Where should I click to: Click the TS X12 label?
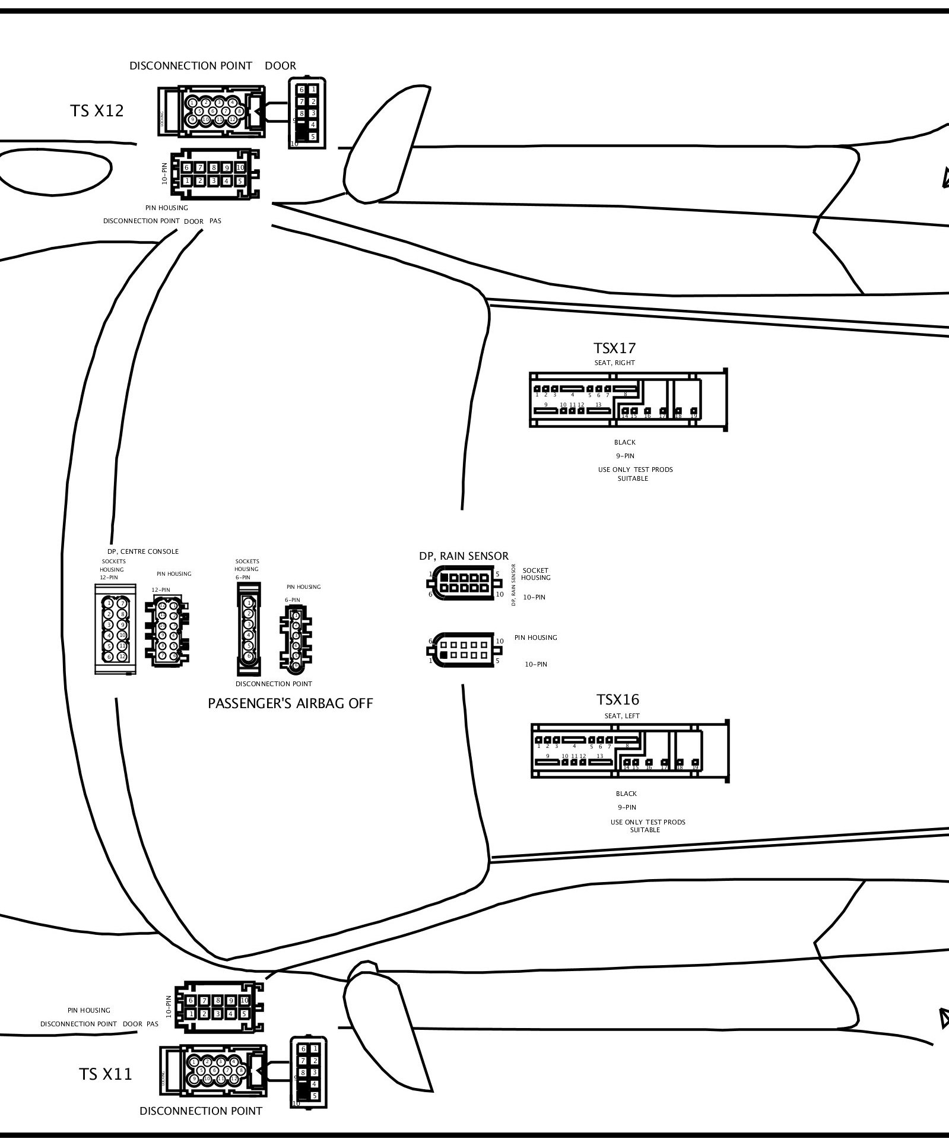coord(97,111)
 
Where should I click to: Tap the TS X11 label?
coord(106,1074)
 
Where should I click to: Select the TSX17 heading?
coord(614,348)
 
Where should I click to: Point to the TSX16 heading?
coord(618,700)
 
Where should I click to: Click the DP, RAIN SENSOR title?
coord(464,556)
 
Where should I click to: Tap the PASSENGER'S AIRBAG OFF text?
coord(290,703)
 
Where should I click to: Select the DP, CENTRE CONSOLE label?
coord(143,551)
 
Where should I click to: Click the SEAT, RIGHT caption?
coord(614,363)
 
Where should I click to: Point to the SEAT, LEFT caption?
coord(621,716)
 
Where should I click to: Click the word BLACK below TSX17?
coord(624,442)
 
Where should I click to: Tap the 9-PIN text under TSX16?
coord(626,807)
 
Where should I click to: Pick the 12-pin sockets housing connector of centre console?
coord(115,629)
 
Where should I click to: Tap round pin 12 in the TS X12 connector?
coord(233,120)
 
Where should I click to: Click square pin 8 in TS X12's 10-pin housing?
coord(213,168)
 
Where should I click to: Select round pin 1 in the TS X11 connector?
coord(193,1062)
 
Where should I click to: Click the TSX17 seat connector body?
coord(627,399)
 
